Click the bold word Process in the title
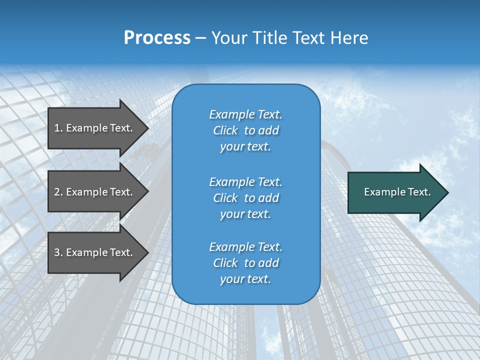157,38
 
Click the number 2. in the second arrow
58,192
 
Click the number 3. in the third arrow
58,252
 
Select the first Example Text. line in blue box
245,114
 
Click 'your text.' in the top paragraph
245,146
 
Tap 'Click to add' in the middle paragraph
245,198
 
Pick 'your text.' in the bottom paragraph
245,279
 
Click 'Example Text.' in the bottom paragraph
245,247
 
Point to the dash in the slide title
201,38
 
